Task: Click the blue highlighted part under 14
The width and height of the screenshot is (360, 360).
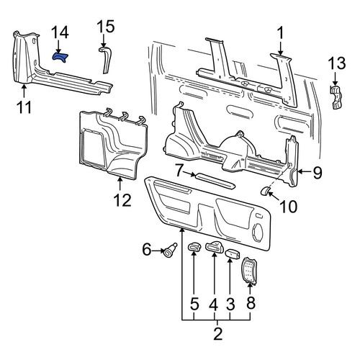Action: [x=60, y=57]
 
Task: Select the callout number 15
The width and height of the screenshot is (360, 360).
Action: [x=106, y=27]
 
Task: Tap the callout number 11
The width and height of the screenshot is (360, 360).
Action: [x=24, y=107]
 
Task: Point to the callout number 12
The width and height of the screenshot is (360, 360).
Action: [x=122, y=200]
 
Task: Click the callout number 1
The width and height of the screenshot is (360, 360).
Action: [x=280, y=33]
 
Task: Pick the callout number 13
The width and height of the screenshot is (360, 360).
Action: [x=337, y=63]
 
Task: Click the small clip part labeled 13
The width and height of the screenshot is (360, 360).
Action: [x=336, y=97]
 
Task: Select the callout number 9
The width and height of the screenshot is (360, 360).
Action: [x=317, y=172]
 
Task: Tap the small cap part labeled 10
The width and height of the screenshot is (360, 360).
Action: [x=265, y=191]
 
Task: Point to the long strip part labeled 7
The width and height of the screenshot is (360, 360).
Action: [x=215, y=180]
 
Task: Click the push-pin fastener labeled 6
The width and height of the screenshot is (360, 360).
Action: [x=171, y=250]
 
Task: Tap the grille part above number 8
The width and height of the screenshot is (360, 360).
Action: [x=249, y=271]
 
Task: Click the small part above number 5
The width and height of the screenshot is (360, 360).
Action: [x=194, y=247]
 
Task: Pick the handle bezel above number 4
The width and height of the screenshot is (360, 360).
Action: [x=214, y=247]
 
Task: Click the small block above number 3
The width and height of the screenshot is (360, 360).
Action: [x=233, y=253]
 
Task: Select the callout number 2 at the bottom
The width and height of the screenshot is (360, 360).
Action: [x=217, y=333]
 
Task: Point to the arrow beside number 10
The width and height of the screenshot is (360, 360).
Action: [x=274, y=196]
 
